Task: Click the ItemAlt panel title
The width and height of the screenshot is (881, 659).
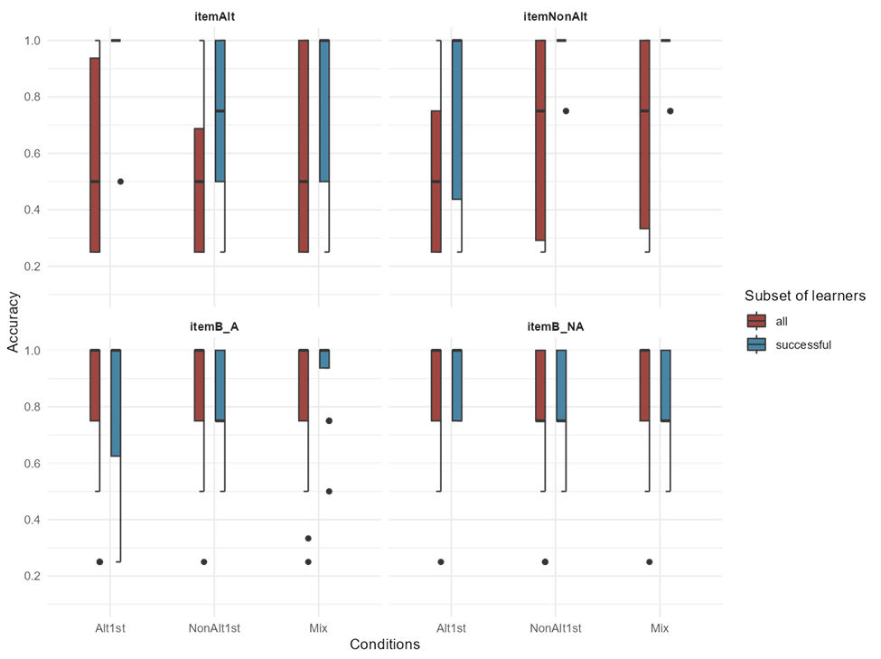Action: coord(215,17)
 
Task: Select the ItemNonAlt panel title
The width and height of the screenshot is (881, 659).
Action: coord(556,17)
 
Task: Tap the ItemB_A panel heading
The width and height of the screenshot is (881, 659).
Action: coord(215,326)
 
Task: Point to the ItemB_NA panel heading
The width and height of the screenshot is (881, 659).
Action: coord(556,326)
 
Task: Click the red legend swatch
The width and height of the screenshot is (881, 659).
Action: coord(756,321)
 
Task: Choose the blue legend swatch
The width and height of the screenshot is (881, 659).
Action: coord(756,344)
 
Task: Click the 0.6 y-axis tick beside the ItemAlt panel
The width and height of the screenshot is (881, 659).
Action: coord(32,154)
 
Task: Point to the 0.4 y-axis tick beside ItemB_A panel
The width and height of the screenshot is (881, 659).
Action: coord(32,520)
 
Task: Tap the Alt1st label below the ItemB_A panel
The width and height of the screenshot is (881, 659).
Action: coord(110,627)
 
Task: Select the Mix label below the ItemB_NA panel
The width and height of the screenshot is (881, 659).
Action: coord(660,627)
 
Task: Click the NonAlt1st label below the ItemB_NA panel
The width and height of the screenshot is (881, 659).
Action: coord(556,627)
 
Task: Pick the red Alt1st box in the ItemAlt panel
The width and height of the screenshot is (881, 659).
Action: coord(94,154)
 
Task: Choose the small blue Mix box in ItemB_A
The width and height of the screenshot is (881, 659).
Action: coord(324,359)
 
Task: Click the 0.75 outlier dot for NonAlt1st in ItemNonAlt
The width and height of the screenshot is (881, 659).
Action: coord(566,111)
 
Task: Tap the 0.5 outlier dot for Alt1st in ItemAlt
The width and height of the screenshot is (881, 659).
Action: coord(121,182)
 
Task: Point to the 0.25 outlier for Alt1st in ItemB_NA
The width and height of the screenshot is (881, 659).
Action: coord(441,562)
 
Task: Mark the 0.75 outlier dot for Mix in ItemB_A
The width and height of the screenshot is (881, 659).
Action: coord(329,421)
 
